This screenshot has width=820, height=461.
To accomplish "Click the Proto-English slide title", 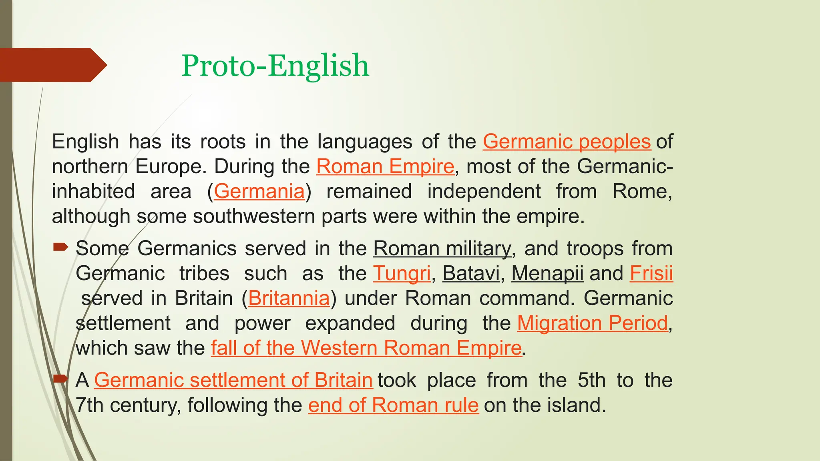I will click(x=275, y=65).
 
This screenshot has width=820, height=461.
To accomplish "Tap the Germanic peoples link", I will click(x=567, y=142).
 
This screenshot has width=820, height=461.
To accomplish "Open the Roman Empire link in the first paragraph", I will click(x=385, y=166).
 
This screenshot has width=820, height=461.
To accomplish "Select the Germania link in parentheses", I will click(x=259, y=191).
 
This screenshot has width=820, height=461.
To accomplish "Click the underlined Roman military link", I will click(x=442, y=249).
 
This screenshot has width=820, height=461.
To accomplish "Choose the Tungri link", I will click(x=402, y=274).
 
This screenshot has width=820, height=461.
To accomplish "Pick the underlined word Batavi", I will click(x=471, y=274).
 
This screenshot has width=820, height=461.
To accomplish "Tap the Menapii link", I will click(x=547, y=274).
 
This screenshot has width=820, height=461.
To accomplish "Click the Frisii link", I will click(x=651, y=274).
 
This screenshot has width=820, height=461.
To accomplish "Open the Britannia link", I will click(x=289, y=299).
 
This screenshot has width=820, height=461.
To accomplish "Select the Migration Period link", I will click(x=593, y=323).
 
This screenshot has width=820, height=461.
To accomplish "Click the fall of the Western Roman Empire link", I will click(x=366, y=348).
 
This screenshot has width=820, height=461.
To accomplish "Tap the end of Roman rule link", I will click(x=393, y=405).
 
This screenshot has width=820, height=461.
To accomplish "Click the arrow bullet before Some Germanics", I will click(x=60, y=247).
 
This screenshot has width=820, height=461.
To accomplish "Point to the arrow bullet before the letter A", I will click(x=60, y=379).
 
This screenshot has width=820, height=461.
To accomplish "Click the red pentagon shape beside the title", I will click(x=52, y=65).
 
